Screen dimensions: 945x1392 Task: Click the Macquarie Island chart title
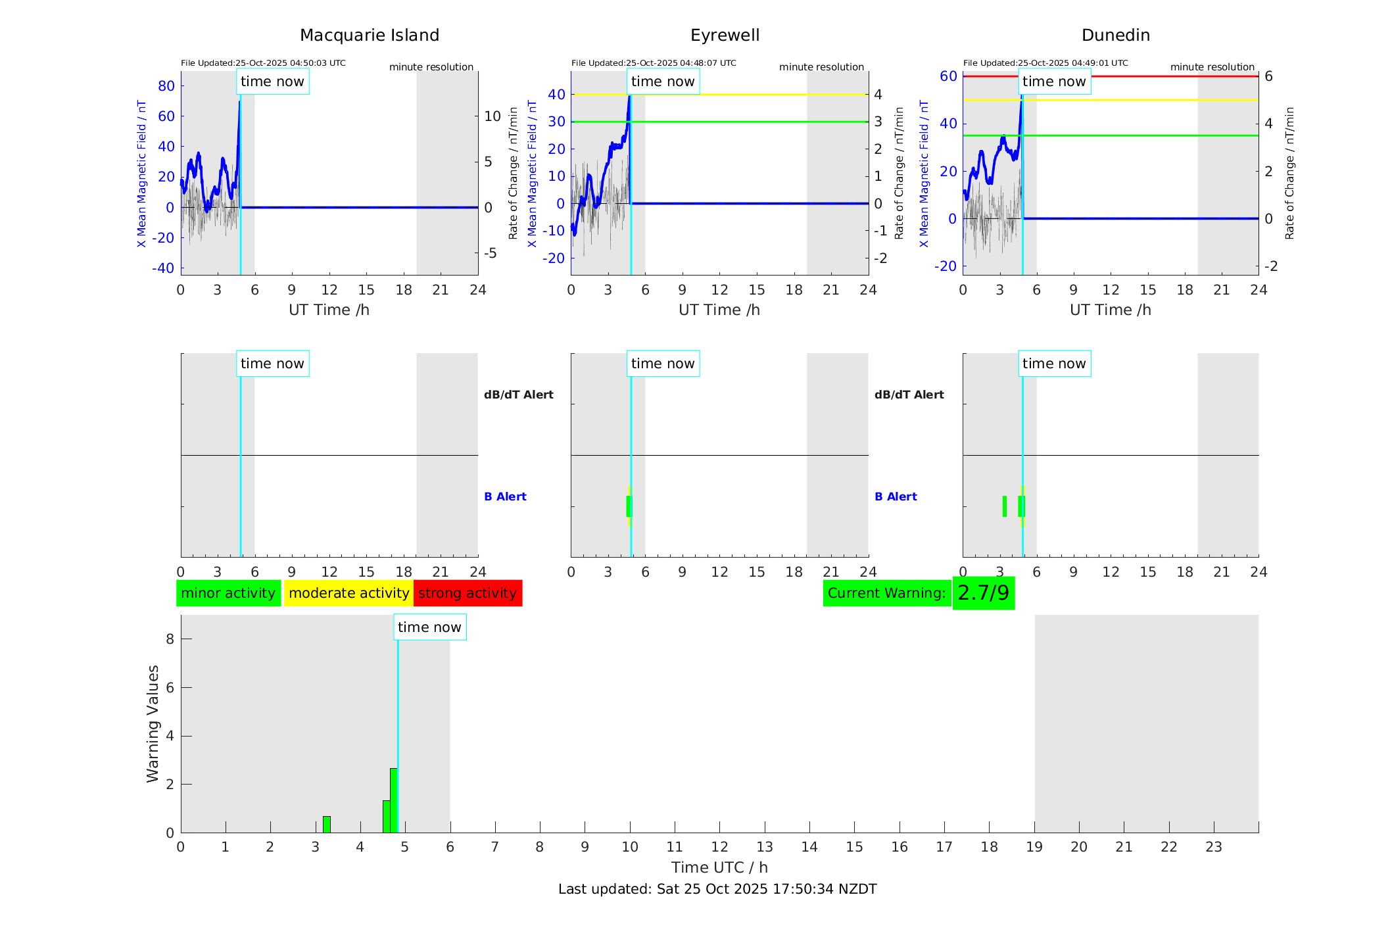(369, 36)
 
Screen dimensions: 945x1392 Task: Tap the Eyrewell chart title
(725, 36)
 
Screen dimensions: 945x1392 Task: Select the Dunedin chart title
(1115, 36)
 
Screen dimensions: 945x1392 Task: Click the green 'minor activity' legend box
(228, 593)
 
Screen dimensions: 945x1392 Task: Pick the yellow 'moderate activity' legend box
(348, 593)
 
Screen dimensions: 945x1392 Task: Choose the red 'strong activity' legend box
(468, 593)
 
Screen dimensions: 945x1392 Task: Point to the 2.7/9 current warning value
(983, 593)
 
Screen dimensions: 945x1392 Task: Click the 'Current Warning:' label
(886, 593)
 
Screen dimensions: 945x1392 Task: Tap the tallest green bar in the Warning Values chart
(393, 800)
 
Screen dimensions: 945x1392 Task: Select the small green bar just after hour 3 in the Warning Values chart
(327, 825)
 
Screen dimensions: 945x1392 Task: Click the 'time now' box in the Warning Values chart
(429, 627)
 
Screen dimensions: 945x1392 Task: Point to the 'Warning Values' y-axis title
(153, 723)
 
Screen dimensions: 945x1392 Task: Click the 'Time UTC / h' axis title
(719, 867)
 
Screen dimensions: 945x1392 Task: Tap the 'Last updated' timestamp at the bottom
(717, 889)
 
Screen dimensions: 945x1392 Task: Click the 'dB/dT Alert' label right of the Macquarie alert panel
(518, 395)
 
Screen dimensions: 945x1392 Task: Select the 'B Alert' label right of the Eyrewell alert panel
(896, 497)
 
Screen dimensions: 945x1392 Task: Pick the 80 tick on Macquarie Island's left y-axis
(166, 86)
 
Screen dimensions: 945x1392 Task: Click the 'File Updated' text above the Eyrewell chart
(654, 63)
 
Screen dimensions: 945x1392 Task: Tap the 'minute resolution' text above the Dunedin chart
(1212, 67)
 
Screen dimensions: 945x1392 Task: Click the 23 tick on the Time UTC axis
(1213, 847)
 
